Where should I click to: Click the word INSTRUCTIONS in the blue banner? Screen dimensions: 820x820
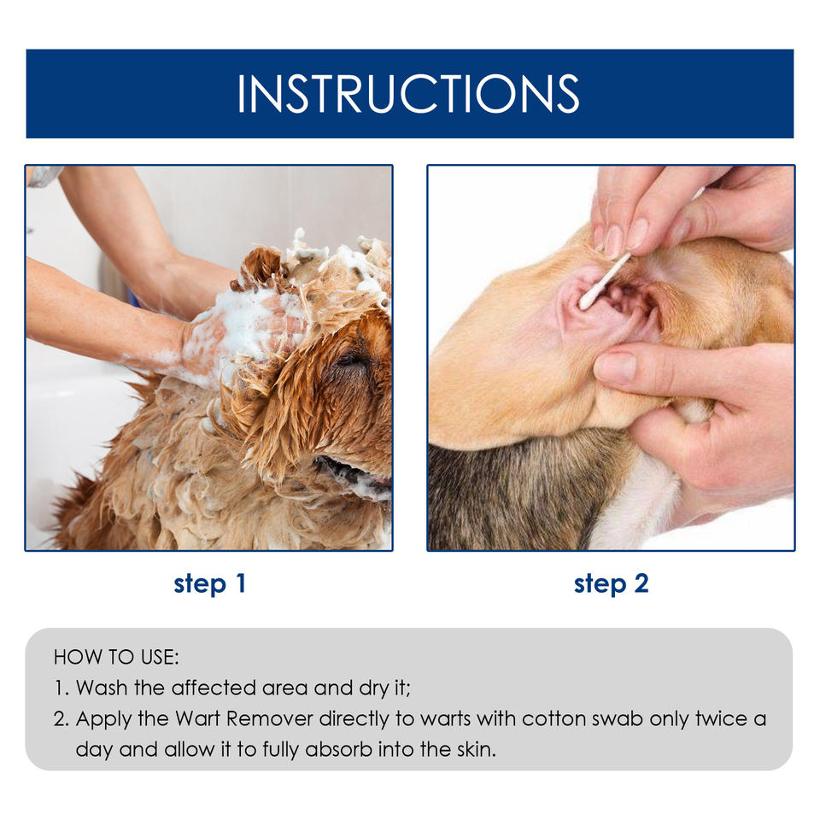point(408,94)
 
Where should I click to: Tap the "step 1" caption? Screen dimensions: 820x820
point(210,583)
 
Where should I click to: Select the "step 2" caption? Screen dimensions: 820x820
point(612,583)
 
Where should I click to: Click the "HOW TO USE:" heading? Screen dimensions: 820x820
point(116,658)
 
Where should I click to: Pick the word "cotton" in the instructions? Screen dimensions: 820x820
point(553,718)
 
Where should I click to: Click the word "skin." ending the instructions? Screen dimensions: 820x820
point(477,749)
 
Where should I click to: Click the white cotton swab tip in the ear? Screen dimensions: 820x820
point(587,301)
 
